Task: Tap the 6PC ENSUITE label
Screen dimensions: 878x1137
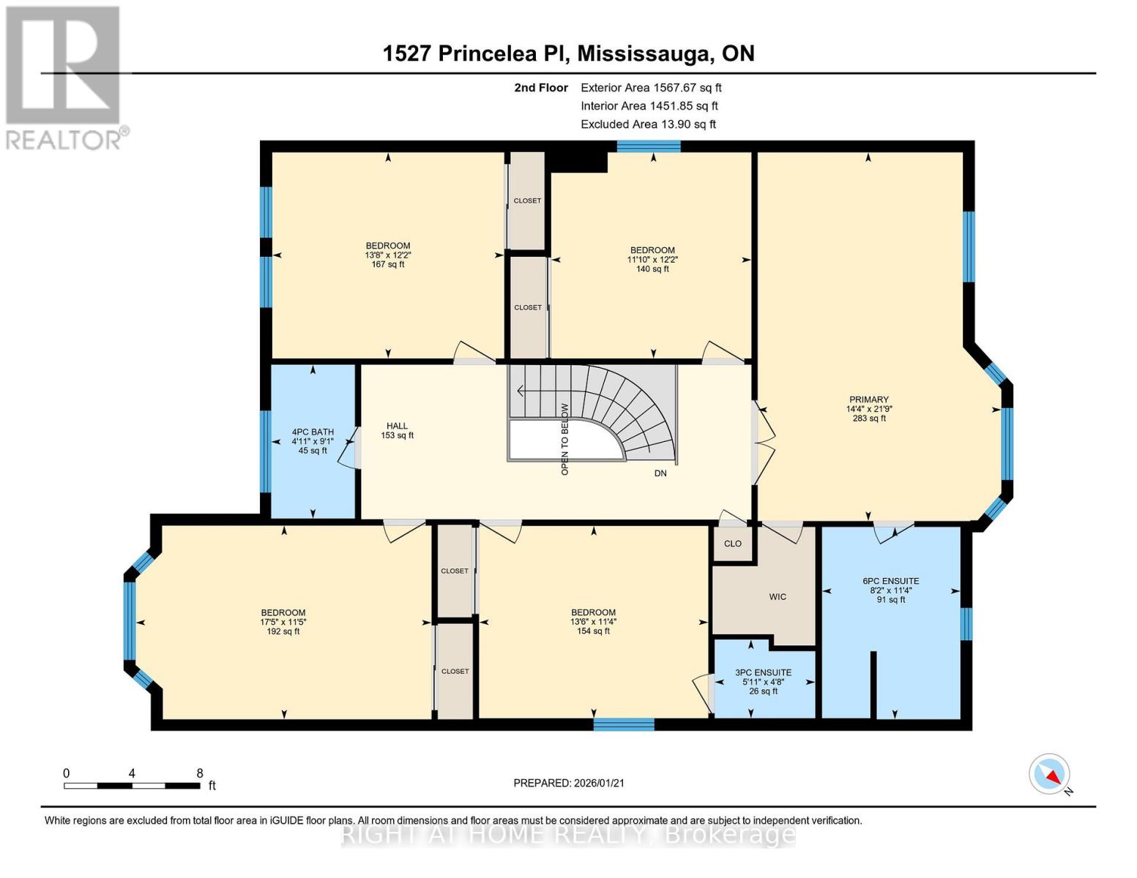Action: click(x=890, y=581)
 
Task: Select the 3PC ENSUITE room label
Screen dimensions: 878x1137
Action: click(x=763, y=672)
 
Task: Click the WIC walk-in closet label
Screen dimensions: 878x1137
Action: click(x=778, y=597)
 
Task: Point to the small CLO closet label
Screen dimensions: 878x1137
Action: click(x=732, y=544)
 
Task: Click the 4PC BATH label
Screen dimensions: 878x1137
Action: click(x=313, y=432)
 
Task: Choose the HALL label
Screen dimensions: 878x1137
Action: click(x=397, y=426)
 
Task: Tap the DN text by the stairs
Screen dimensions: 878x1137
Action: click(x=660, y=473)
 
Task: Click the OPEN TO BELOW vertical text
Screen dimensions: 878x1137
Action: click(x=564, y=439)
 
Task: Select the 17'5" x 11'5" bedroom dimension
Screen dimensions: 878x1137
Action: click(x=283, y=622)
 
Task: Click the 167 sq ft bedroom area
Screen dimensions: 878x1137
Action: click(x=388, y=264)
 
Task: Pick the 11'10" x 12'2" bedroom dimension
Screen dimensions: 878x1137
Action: click(x=652, y=260)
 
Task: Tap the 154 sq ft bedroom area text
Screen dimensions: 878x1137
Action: click(x=593, y=631)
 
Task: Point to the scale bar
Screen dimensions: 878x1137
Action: click(x=132, y=786)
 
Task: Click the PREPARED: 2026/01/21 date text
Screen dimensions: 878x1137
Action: click(x=569, y=783)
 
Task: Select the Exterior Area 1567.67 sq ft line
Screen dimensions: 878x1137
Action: click(x=651, y=88)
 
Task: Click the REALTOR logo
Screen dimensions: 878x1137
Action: click(x=64, y=77)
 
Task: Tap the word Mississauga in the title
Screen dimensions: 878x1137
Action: click(x=645, y=53)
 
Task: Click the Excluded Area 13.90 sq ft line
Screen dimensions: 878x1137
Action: click(x=648, y=124)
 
